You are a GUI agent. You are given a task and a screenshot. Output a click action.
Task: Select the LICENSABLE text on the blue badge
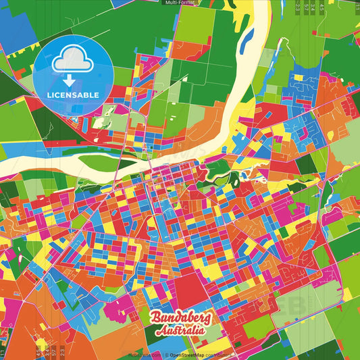tap(73, 94)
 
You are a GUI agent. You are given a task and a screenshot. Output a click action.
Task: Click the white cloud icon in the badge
tap(73, 59)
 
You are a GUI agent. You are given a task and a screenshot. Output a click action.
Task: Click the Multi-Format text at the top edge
tap(180, 3)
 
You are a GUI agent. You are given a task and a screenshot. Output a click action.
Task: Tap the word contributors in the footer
tap(217, 355)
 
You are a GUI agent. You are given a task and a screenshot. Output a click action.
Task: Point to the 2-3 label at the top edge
tap(298, 8)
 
